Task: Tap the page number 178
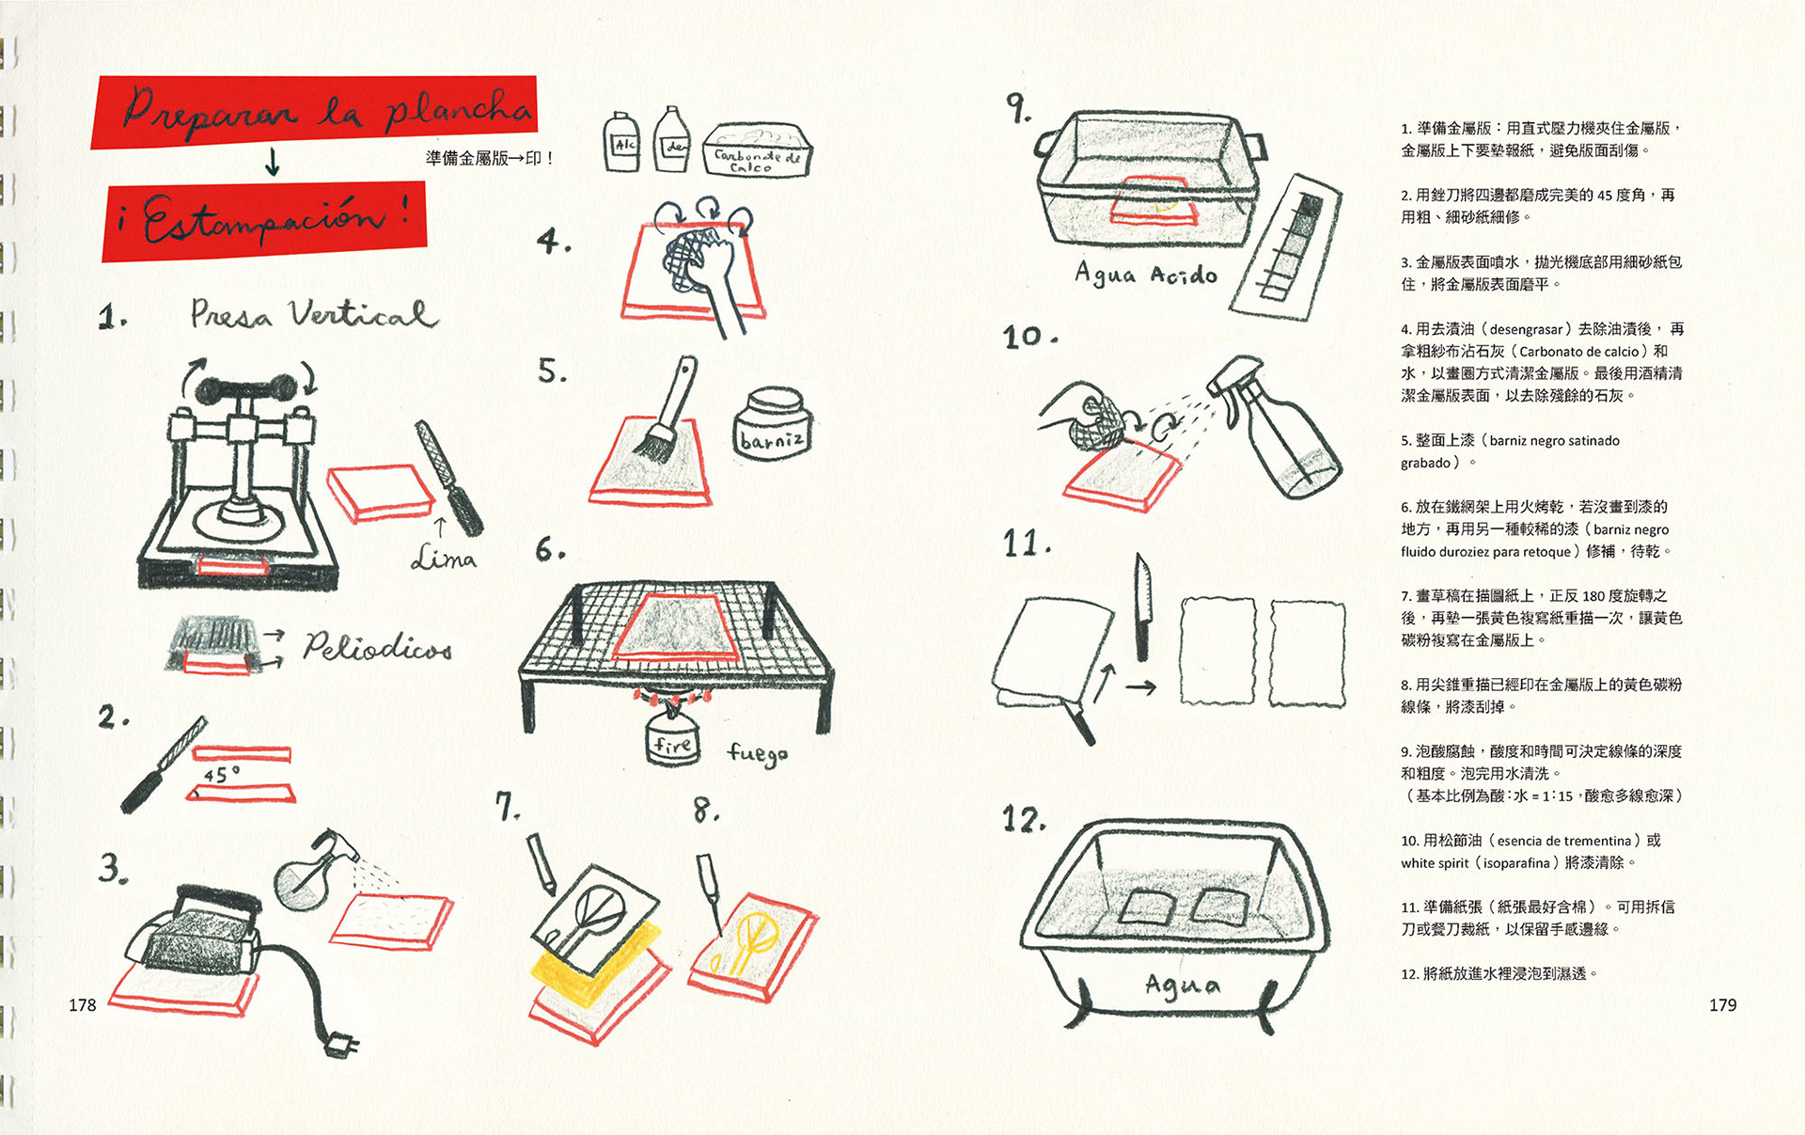(83, 1005)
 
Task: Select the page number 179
(1722, 1005)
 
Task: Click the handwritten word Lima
(444, 559)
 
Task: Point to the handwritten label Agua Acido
(1146, 274)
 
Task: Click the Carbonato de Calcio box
(757, 151)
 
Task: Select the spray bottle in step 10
(1279, 433)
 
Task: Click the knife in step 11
(1142, 607)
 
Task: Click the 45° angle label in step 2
(222, 775)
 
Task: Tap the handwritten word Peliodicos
(377, 647)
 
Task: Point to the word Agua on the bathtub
(1183, 985)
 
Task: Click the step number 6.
(550, 549)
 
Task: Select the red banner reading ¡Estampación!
(264, 221)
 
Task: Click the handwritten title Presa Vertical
(314, 314)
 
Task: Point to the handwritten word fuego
(757, 753)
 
